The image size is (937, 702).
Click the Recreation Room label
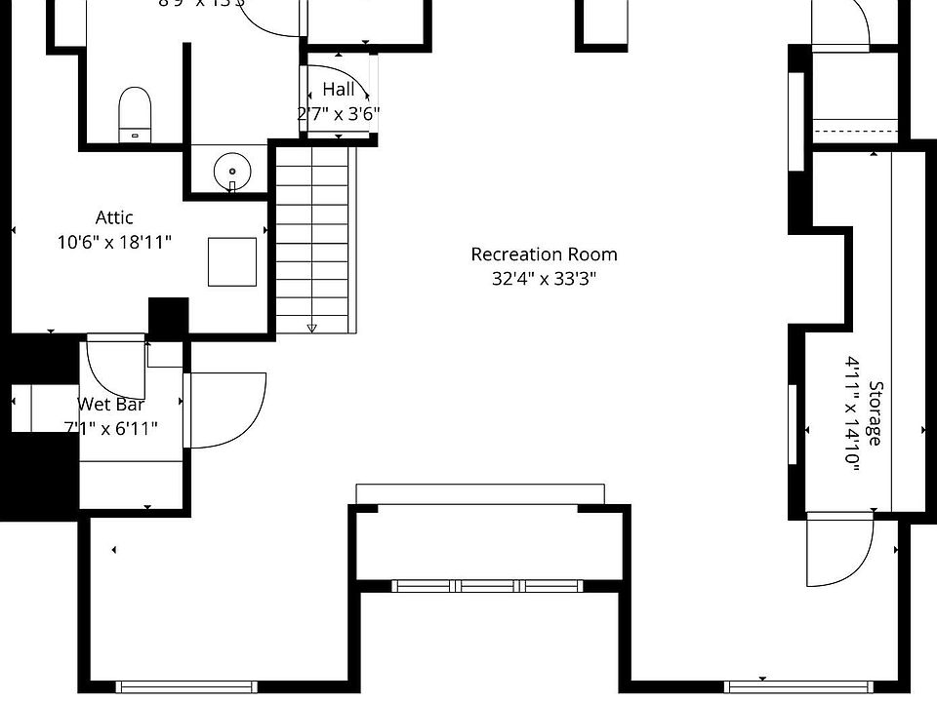point(544,254)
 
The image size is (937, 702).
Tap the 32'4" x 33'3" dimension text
point(544,279)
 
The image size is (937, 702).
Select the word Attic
point(114,217)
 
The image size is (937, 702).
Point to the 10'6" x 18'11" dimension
point(114,241)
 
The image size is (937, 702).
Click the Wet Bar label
point(111,405)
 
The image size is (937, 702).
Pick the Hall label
point(339,90)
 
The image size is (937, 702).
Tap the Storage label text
point(875,413)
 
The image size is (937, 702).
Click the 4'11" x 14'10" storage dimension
point(852,414)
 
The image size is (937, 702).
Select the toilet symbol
point(136,113)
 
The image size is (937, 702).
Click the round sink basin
point(232,171)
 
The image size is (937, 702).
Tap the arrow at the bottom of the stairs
point(311,328)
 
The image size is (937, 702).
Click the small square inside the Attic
point(232,261)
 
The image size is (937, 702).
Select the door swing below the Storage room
point(838,551)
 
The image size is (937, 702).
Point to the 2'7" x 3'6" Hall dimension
point(339,113)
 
